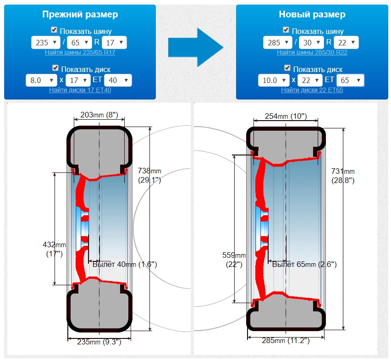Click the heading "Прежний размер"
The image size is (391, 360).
[80, 14]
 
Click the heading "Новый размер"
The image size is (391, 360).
[312, 14]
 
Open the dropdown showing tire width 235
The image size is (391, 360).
[45, 43]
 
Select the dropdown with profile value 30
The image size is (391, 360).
[311, 43]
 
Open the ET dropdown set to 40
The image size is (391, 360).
[118, 80]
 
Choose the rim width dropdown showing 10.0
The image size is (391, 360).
[274, 80]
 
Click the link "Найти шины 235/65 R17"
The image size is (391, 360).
[80, 52]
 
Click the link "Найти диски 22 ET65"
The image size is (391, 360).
[312, 90]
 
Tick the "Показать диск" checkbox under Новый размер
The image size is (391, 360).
[287, 68]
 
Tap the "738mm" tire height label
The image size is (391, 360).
[149, 171]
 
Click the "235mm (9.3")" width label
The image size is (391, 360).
[99, 342]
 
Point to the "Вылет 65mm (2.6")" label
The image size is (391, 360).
[304, 264]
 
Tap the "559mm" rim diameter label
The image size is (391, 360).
[234, 255]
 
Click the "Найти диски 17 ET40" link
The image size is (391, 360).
[80, 90]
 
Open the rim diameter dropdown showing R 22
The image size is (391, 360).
[347, 43]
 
